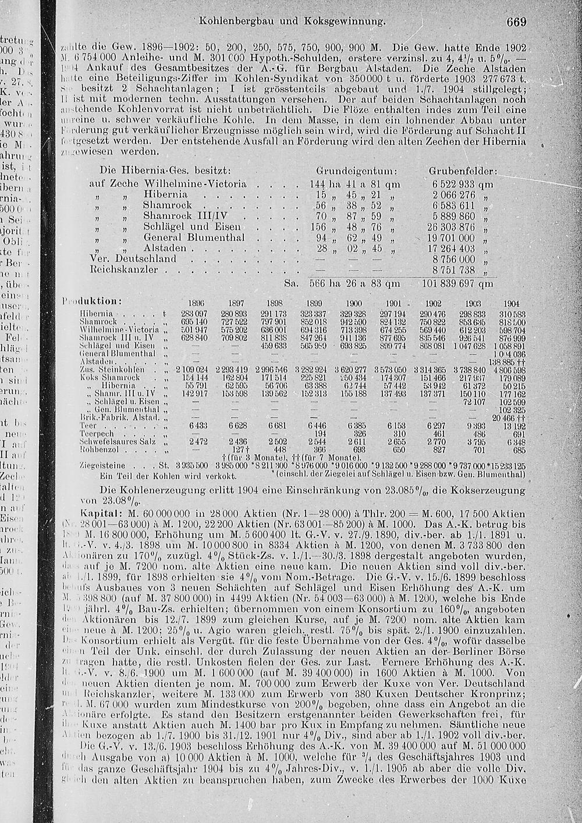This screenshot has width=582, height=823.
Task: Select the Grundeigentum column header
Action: coord(356,172)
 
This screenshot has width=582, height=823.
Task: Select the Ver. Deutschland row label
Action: coord(132,258)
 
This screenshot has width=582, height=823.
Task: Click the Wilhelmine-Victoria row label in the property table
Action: coord(195,183)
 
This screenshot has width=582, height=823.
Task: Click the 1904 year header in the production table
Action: coord(511,303)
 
